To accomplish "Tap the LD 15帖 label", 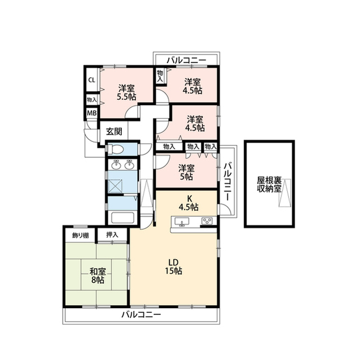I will (174, 265).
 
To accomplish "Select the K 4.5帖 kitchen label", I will (188, 203).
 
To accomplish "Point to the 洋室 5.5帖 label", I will (126, 92).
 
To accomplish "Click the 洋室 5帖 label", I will (186, 172).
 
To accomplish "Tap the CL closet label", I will (91, 79).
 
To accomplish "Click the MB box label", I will (91, 113).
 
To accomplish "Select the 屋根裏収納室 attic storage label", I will (269, 184).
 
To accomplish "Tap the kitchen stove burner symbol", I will (206, 221).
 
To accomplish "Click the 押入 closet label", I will (112, 234).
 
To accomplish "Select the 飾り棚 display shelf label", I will (80, 234).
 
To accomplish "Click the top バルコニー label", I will (187, 59).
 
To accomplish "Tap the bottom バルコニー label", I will (141, 314).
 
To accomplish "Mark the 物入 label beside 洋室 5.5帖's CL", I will (91, 99).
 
